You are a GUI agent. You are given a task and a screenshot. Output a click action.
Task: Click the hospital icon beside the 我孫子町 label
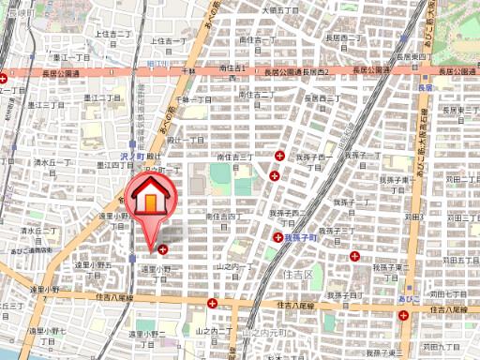(x=278, y=238)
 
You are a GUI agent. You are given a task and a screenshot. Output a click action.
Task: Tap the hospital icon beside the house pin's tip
(x=164, y=249)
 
